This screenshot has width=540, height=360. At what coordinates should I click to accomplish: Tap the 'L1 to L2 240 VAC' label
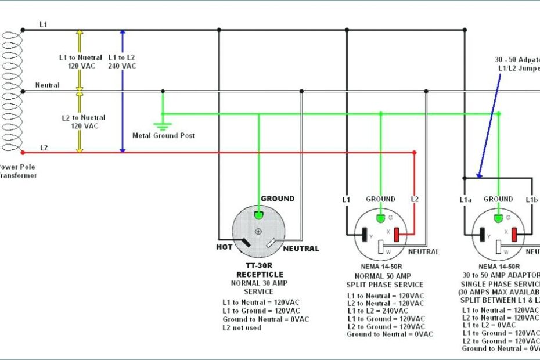[122, 62]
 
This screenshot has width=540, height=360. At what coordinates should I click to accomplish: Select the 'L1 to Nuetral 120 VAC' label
[81, 62]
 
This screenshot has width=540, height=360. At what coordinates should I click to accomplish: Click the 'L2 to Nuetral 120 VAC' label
[81, 122]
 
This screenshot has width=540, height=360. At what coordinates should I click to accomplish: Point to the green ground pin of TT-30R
[260, 214]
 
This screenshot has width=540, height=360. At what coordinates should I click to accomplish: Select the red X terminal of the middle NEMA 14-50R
[397, 235]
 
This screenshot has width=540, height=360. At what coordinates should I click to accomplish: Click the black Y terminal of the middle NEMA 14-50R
[365, 235]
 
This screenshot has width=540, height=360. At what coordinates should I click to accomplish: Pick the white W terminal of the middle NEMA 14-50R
[381, 247]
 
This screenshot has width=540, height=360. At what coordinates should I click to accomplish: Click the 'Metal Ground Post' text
[163, 135]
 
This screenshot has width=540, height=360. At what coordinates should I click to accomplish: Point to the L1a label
[465, 200]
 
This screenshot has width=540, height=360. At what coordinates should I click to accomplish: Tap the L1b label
[532, 200]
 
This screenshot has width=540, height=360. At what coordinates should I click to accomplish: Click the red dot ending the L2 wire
[414, 152]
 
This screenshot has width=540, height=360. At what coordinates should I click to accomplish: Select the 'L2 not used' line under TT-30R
[242, 327]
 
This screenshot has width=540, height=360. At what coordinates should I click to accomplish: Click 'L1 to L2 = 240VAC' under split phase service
[386, 311]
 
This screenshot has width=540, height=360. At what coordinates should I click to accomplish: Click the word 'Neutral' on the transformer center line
[47, 85]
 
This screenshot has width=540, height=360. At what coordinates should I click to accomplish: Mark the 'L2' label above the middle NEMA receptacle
[414, 200]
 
